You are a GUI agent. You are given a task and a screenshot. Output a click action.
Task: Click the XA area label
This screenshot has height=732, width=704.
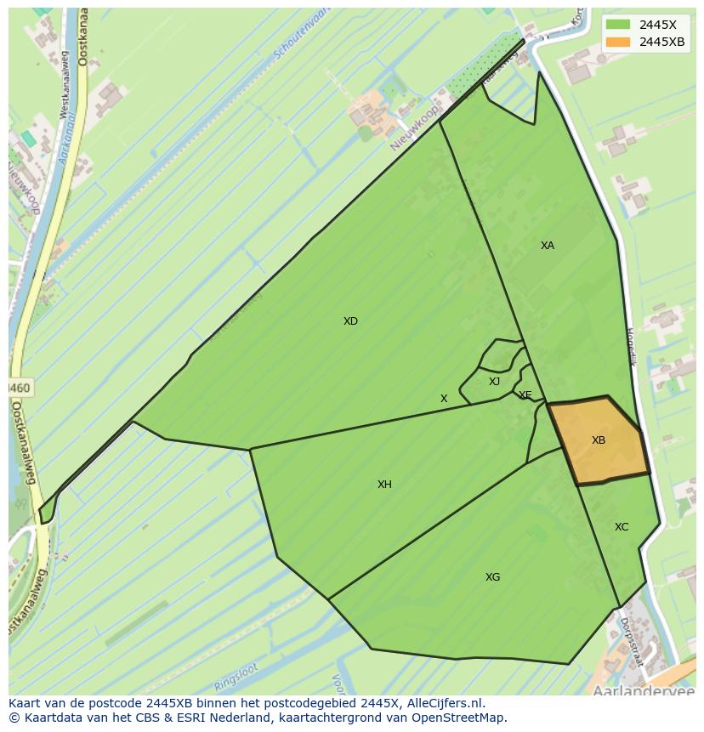(548, 246)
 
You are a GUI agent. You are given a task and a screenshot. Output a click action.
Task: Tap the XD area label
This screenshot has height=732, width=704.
(350, 321)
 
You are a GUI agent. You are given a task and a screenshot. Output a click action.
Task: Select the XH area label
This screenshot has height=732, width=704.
(384, 485)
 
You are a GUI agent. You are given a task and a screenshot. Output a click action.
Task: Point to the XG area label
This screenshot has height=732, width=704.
(492, 577)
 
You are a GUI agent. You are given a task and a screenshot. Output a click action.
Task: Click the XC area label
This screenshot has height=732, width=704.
(622, 527)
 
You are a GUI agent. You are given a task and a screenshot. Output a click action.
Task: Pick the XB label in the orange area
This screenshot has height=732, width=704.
(599, 440)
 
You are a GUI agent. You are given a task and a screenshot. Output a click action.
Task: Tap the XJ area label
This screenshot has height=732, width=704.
(494, 382)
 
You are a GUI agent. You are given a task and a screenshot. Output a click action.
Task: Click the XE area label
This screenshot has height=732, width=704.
(525, 395)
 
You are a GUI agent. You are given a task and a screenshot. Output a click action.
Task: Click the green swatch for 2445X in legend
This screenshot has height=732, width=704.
(618, 25)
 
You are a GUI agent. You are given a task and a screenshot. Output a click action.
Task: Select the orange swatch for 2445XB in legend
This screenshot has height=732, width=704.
(618, 42)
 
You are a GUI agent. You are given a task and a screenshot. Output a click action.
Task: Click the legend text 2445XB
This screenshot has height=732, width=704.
(662, 42)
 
